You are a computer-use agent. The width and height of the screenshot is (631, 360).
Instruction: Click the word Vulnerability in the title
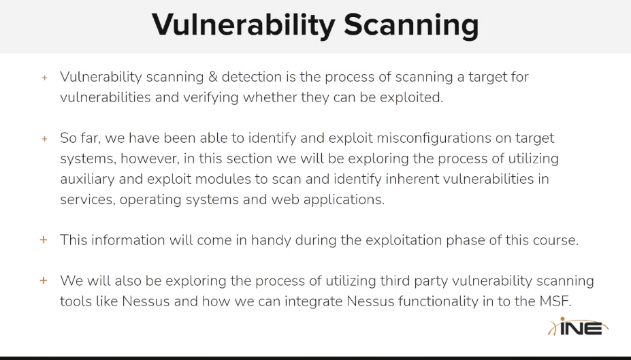(243, 25)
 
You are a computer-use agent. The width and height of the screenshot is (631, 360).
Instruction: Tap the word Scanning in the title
(411, 25)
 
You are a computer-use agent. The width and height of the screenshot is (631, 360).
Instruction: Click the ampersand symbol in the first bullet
(213, 76)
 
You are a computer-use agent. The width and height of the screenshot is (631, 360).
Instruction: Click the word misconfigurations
(434, 138)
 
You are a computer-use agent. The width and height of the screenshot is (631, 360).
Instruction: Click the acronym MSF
(555, 301)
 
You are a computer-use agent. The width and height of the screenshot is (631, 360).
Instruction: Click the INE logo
(578, 327)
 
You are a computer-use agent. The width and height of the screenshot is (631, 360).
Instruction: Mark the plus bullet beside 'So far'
(45, 139)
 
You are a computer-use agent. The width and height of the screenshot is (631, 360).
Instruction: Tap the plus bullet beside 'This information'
(44, 240)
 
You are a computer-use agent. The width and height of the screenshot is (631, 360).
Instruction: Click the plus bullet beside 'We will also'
(44, 280)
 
